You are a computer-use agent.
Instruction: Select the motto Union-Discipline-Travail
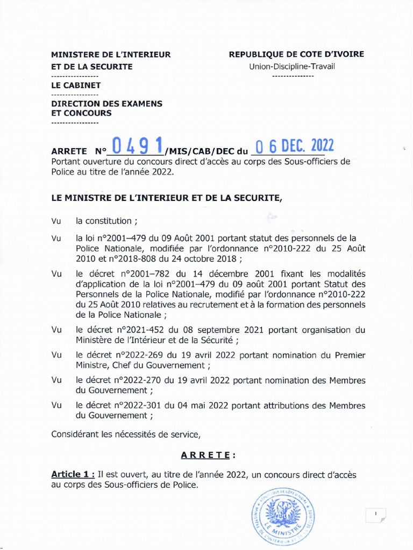(x=292, y=67)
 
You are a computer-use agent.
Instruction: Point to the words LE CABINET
(x=76, y=85)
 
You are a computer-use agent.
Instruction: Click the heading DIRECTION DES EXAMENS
(x=106, y=103)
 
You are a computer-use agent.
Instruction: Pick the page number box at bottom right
(x=375, y=515)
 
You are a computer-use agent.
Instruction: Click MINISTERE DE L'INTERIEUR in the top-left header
(x=111, y=54)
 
